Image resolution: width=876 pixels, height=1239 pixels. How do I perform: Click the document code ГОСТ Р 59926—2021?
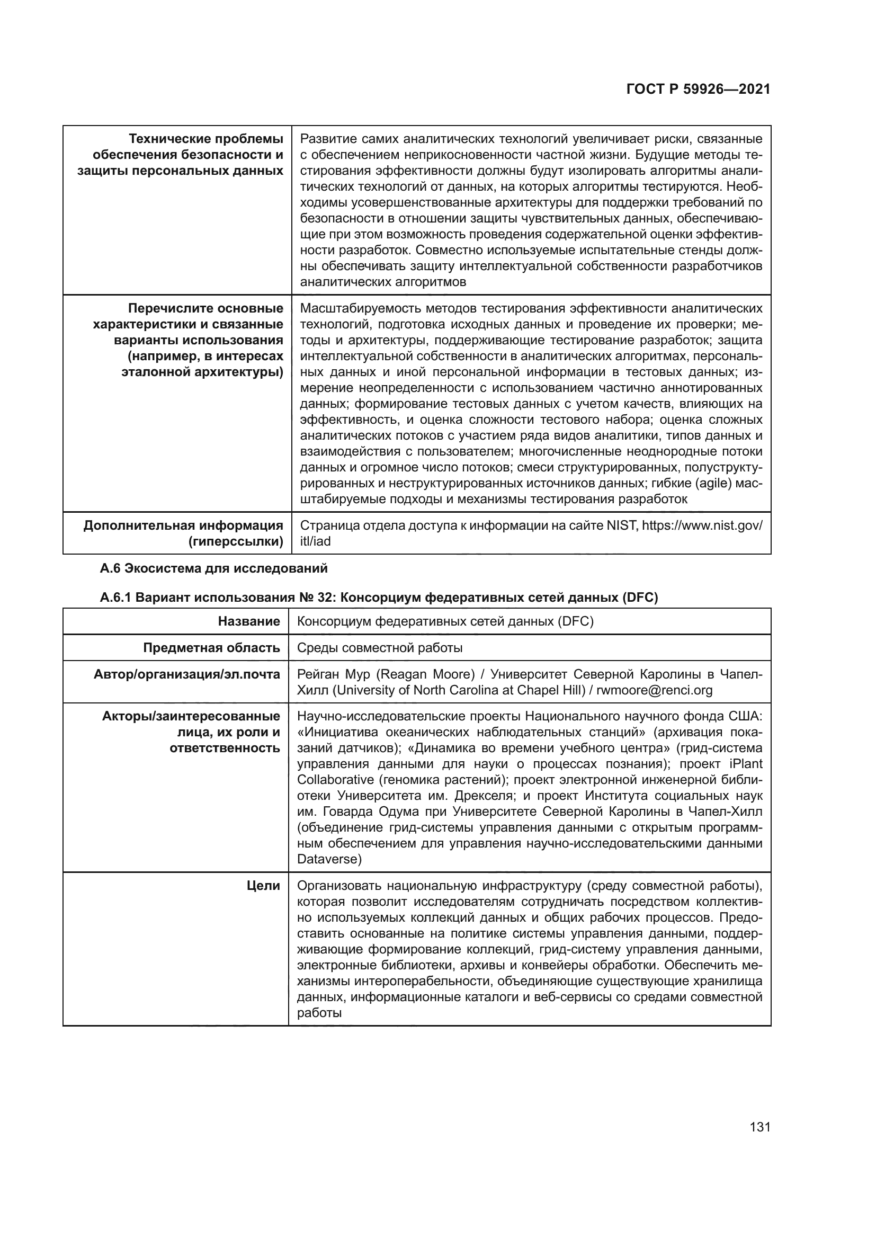(698, 90)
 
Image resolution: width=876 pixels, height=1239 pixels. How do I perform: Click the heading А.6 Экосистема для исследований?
(213, 568)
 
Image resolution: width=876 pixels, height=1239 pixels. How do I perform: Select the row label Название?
(249, 621)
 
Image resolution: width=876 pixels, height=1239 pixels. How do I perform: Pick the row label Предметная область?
(211, 647)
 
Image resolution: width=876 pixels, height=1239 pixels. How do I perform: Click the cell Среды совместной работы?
(380, 647)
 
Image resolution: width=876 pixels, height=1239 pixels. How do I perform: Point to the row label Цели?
(263, 886)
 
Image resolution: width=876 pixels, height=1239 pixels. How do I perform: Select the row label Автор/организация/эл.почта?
(186, 674)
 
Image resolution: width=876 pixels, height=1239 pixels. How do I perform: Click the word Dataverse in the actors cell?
(327, 859)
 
